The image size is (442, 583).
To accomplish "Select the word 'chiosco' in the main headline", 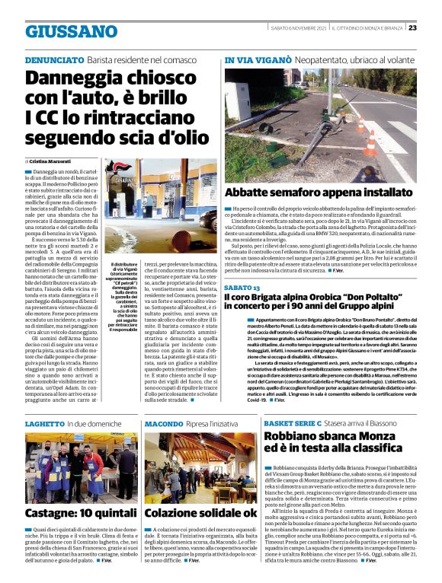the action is click(x=149, y=78).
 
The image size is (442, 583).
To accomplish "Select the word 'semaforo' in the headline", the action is click(x=296, y=193).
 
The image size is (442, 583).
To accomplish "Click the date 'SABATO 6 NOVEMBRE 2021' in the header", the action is click(x=299, y=28).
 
